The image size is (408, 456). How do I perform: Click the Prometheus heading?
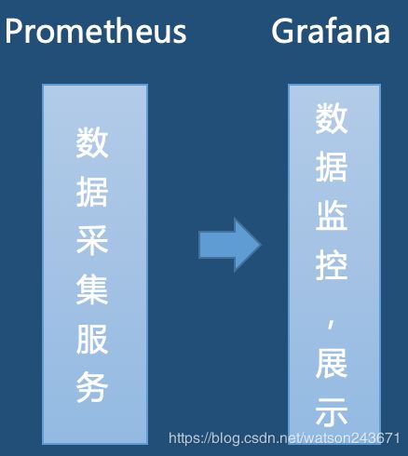(x=96, y=31)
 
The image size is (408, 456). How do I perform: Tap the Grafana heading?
(x=331, y=31)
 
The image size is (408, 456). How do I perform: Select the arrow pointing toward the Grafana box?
(x=230, y=245)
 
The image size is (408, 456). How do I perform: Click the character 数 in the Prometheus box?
(x=92, y=142)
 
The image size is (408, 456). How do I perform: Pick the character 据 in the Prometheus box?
(x=92, y=192)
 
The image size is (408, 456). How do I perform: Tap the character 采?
(x=92, y=240)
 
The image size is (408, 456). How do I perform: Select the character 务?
(x=92, y=387)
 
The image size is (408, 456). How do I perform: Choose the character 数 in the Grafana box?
(x=332, y=118)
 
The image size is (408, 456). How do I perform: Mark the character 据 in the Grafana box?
(x=332, y=167)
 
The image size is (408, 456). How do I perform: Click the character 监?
(x=332, y=216)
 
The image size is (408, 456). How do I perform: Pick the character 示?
(x=332, y=411)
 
